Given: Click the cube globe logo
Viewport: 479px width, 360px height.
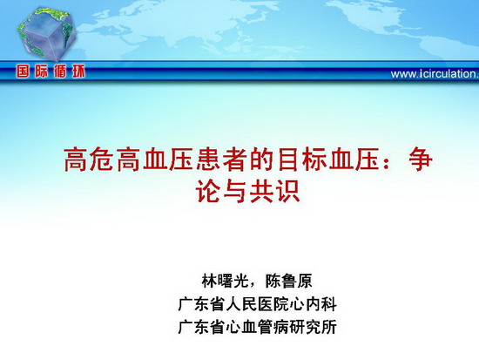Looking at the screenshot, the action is click(46, 33).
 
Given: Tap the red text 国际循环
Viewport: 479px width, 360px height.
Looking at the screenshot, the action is click(51, 71).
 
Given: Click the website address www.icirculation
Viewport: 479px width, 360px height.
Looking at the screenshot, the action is click(435, 74).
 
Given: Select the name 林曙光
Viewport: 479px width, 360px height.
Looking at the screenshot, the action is click(226, 281).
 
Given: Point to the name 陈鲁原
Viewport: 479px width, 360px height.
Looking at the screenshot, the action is click(288, 281).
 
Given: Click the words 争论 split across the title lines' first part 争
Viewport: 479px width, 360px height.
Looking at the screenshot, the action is click(421, 160).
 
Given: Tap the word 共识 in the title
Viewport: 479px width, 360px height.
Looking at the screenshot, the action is click(275, 191).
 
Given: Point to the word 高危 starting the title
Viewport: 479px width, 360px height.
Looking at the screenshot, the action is click(89, 160).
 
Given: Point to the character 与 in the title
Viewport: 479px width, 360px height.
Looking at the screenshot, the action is click(235, 191).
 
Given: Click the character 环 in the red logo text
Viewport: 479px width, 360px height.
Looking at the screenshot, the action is click(78, 71).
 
